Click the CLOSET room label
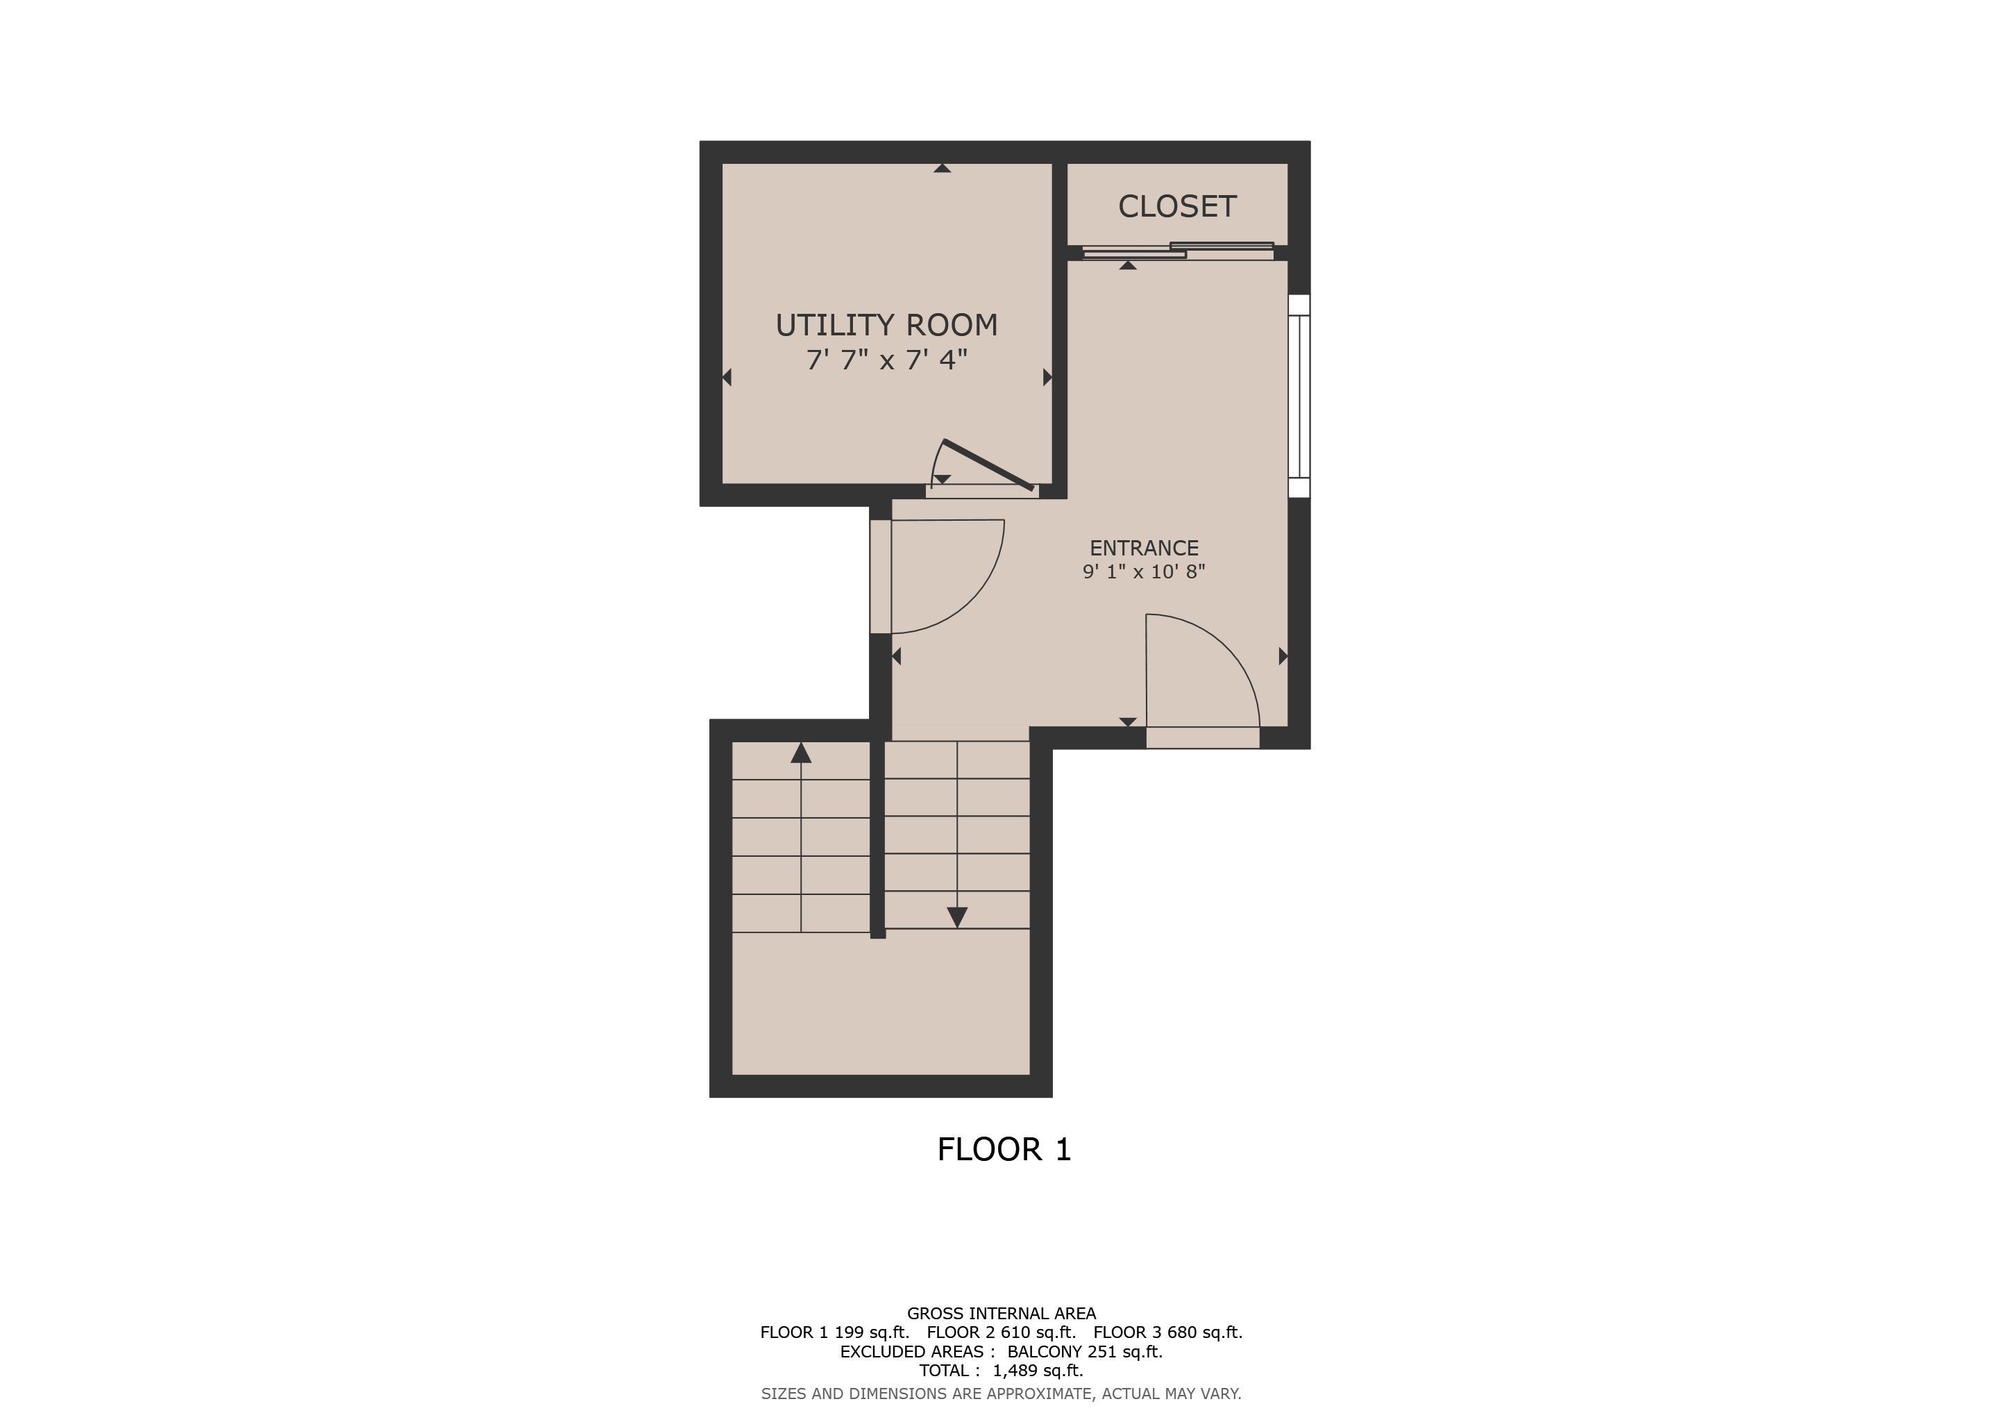click(1176, 207)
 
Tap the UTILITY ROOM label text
click(886, 325)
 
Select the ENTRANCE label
click(1143, 548)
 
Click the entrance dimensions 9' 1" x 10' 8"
click(1143, 571)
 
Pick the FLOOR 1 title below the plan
click(1004, 1149)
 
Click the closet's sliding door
click(1177, 251)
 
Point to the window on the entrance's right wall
click(1299, 396)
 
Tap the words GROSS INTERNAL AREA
click(1001, 1314)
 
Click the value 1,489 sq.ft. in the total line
click(1038, 1371)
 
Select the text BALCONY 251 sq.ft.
click(1085, 1351)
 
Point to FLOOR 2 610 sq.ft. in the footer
click(1001, 1332)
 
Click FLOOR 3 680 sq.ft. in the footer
click(1168, 1332)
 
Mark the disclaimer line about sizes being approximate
click(1001, 1393)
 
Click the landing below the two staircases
click(880, 1003)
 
